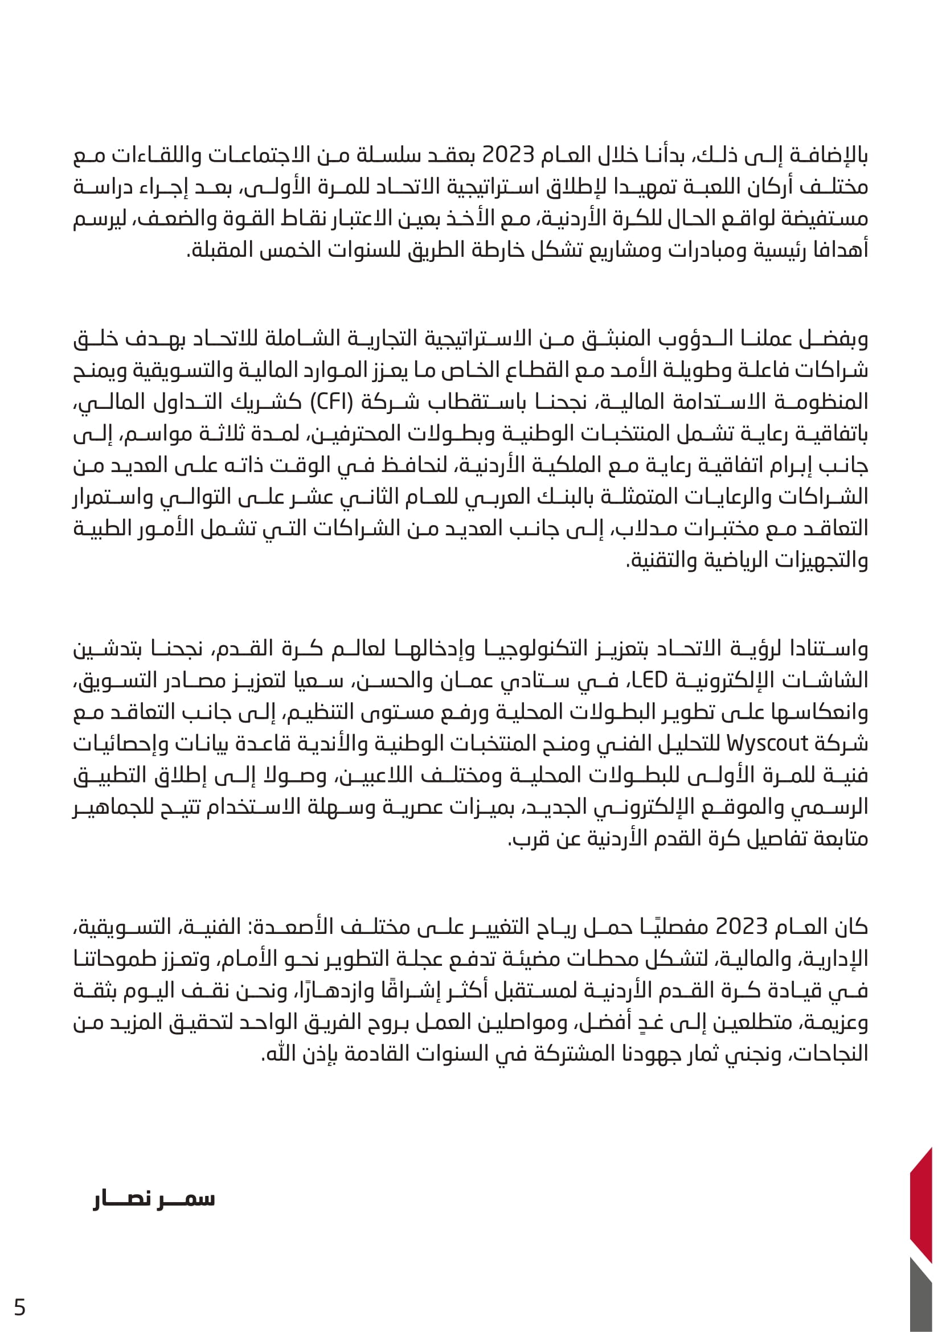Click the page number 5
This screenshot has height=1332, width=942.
coord(20,1308)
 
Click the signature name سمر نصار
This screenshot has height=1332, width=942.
coord(154,1200)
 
